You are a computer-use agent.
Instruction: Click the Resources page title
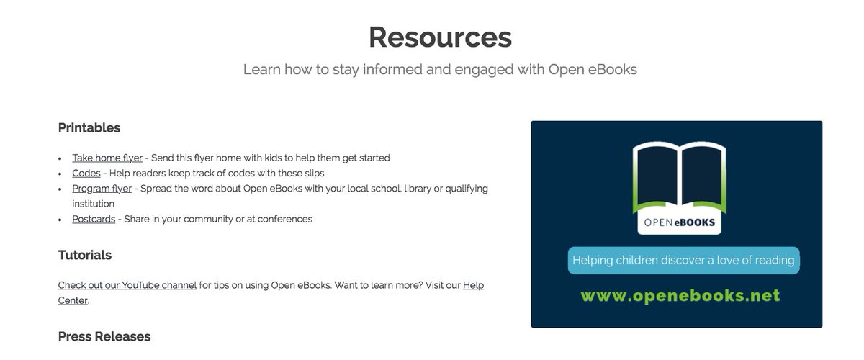pos(440,37)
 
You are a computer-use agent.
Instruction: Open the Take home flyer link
pos(107,158)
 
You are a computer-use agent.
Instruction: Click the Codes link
pos(86,173)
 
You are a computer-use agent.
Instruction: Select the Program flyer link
pos(102,189)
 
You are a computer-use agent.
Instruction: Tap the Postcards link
pos(94,219)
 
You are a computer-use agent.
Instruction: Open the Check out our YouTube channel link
pos(127,285)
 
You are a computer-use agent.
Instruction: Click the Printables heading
pos(89,128)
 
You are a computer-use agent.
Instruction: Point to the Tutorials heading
pos(85,255)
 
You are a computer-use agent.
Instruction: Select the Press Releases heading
pos(104,336)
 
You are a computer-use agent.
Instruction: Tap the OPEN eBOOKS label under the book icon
pos(678,222)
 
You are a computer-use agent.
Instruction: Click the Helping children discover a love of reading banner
pos(683,261)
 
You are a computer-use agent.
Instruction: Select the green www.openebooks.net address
pos(680,296)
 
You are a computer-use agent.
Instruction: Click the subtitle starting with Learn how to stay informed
pos(440,70)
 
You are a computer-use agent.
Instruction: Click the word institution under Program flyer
pos(94,204)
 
